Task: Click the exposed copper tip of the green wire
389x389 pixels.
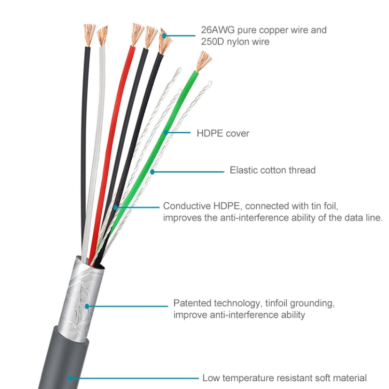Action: pos(203,61)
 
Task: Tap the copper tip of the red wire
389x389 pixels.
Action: pos(137,34)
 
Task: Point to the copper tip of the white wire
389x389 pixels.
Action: pos(103,35)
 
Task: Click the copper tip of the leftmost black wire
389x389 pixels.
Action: pos(90,34)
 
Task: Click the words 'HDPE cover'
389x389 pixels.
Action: pos(223,133)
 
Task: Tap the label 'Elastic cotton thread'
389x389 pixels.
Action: pos(272,170)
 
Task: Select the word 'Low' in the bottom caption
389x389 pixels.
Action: pos(211,378)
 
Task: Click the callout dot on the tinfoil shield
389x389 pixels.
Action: pos(88,306)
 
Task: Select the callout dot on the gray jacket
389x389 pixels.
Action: pos(69,379)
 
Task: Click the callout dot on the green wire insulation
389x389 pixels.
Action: pos(166,133)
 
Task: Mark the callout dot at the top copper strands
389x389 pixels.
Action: pos(165,36)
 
